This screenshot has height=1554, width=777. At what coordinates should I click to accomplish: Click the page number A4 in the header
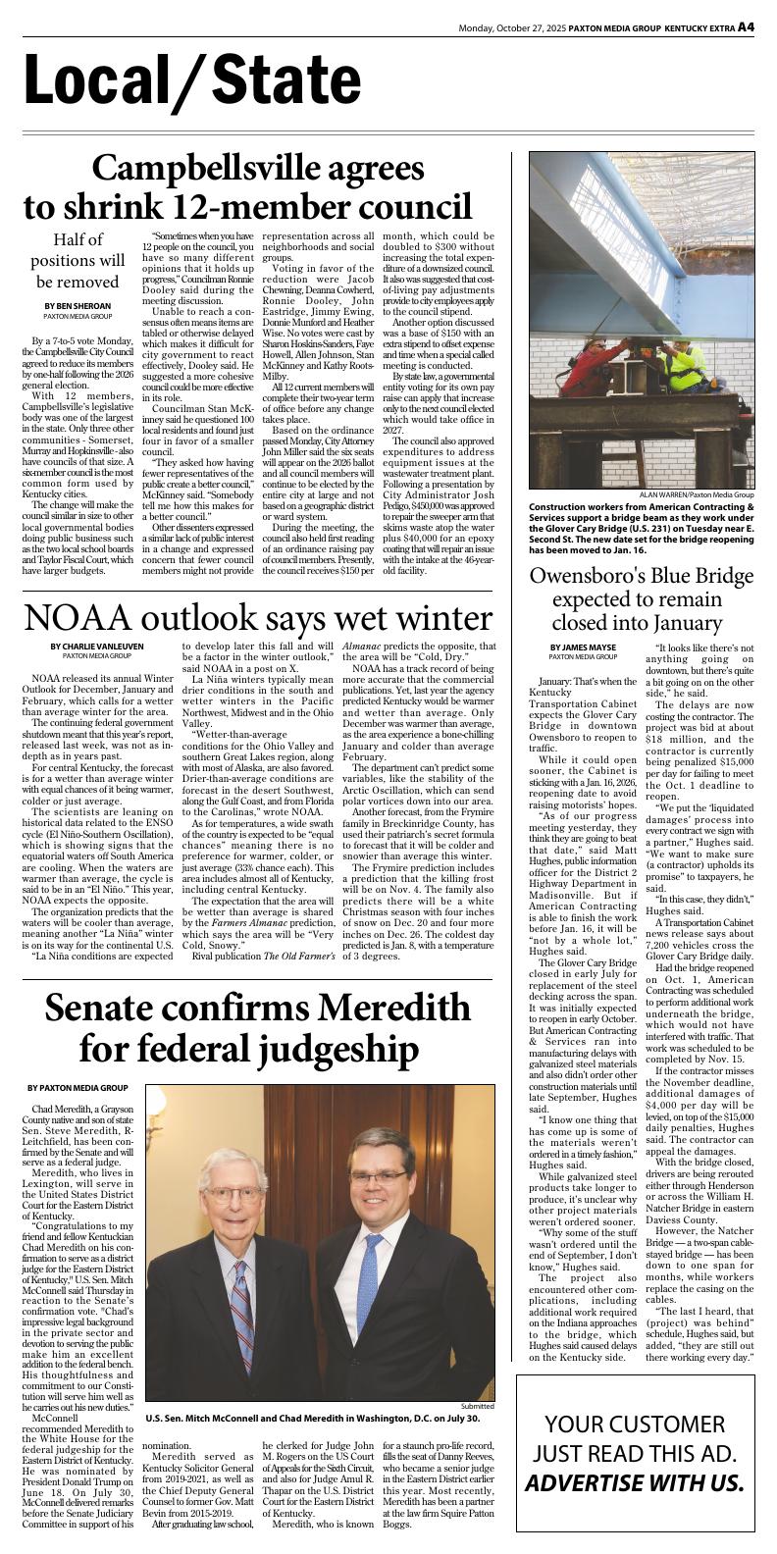tap(746, 27)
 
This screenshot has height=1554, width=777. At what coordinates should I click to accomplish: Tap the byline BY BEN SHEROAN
tap(78, 306)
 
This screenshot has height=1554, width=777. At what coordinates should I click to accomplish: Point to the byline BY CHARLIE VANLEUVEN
tap(97, 646)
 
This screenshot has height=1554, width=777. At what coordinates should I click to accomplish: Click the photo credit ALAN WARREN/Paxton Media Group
tap(697, 494)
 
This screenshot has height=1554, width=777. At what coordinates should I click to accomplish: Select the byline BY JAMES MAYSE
tap(583, 647)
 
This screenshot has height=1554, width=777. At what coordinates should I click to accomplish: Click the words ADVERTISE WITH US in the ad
tap(647, 1482)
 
